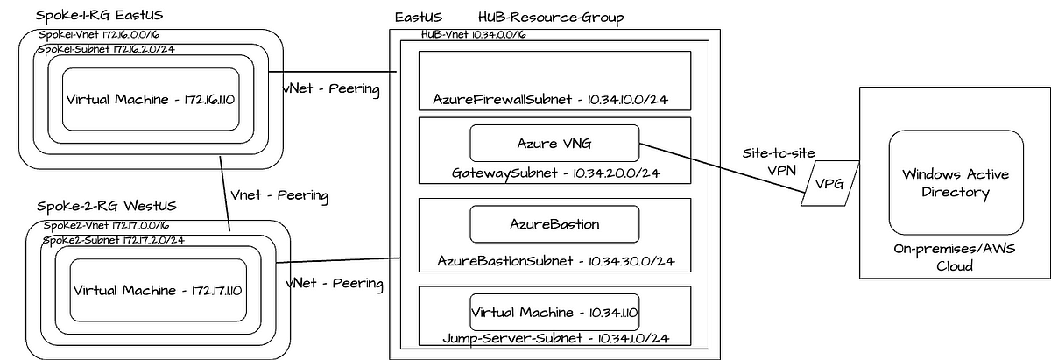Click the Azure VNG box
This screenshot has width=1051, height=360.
point(554,143)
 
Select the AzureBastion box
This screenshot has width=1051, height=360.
point(554,224)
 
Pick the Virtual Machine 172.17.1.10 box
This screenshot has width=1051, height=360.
point(158,290)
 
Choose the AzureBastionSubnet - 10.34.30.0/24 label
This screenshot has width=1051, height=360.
point(554,261)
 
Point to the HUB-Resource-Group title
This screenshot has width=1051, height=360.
point(552,18)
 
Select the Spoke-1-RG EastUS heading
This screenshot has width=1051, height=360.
point(100,16)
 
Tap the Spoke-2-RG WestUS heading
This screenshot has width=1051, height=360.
point(107,206)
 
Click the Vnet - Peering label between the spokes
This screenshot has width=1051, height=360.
point(278,195)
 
